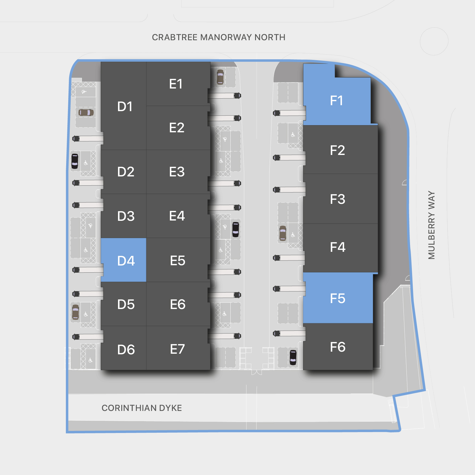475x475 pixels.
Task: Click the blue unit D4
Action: (124, 260)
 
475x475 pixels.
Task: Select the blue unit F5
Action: (338, 298)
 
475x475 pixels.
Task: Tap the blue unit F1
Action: (337, 101)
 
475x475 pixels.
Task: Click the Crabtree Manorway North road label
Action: (218, 37)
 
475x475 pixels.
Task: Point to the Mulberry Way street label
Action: (431, 225)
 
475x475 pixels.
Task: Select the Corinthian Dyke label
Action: (142, 408)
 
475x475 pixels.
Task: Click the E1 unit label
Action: (176, 84)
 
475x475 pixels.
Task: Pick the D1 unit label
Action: (125, 106)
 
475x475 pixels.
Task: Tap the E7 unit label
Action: (177, 349)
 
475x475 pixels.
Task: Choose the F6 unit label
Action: (338, 347)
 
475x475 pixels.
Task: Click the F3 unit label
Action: (338, 199)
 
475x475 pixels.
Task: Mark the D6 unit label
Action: (126, 350)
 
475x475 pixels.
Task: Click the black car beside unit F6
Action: (293, 357)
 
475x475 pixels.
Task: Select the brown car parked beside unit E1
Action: (220, 77)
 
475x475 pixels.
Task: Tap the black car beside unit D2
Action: (75, 161)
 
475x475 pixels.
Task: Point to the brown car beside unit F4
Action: (283, 233)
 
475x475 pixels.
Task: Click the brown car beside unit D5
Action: (76, 312)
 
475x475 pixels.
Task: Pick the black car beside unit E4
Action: (235, 229)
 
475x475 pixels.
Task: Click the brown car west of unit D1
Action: (86, 112)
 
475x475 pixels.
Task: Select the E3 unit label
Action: (177, 172)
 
